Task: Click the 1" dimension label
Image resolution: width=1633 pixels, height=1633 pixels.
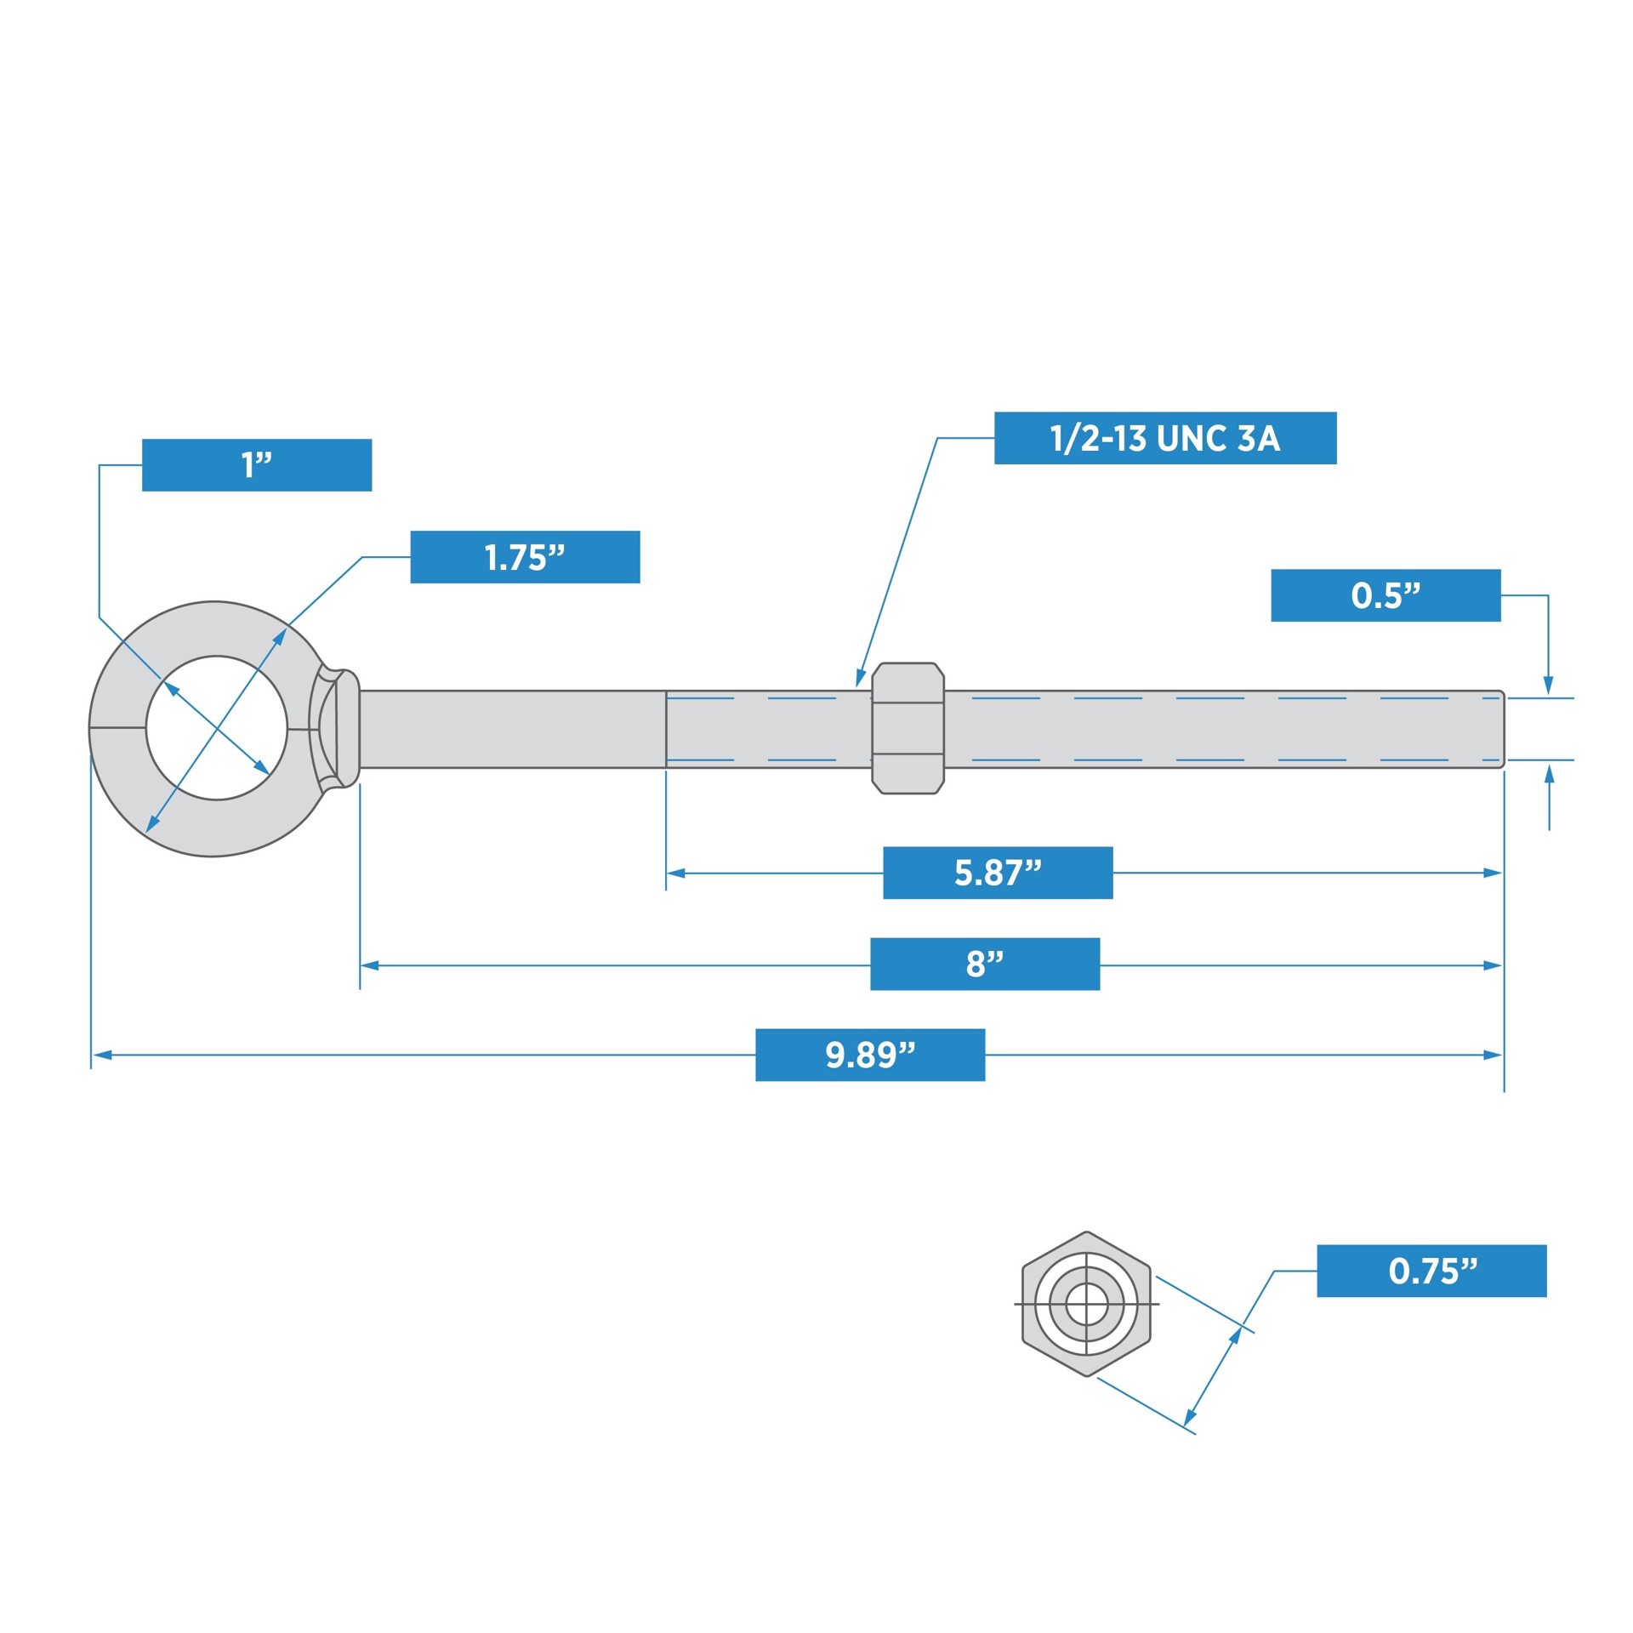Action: (256, 465)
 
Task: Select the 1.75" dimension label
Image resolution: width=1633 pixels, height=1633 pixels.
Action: (525, 557)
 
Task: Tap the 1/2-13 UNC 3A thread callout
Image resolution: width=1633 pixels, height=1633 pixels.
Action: (1164, 438)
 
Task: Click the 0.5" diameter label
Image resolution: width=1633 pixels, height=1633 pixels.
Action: (1385, 595)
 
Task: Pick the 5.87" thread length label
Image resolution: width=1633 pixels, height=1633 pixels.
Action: (997, 873)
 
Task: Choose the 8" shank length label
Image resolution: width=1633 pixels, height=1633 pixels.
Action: (984, 964)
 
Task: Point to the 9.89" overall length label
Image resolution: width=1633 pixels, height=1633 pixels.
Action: (869, 1055)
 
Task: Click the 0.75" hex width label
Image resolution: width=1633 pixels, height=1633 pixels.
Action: (1431, 1271)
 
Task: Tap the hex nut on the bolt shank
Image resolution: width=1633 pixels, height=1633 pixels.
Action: (908, 728)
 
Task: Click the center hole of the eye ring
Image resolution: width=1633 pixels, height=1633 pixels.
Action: (216, 728)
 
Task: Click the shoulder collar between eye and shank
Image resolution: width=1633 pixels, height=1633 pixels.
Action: (348, 728)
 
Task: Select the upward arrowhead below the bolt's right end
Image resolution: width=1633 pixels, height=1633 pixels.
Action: (1549, 774)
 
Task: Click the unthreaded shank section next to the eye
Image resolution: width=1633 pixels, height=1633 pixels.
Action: (510, 729)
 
